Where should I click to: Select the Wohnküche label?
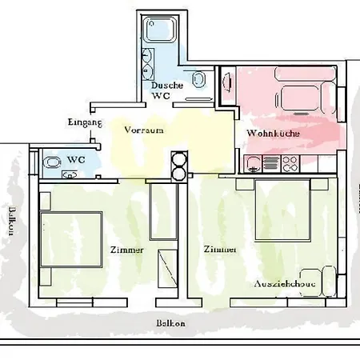pyautogui.click(x=272, y=134)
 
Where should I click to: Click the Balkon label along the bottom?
pyautogui.click(x=171, y=323)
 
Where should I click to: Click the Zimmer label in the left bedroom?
pyautogui.click(x=127, y=250)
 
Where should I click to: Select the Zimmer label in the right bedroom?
pyautogui.click(x=220, y=249)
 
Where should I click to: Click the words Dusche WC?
pyautogui.click(x=166, y=90)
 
